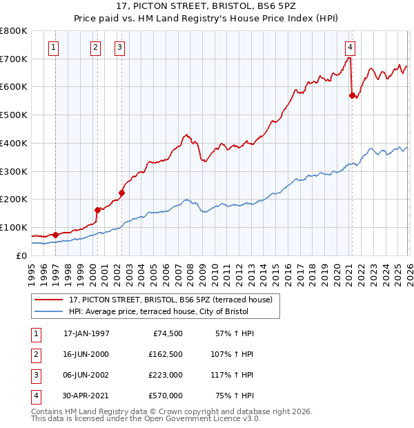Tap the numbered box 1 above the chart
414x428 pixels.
54,48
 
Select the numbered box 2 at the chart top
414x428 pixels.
95,48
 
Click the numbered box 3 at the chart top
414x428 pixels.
119,48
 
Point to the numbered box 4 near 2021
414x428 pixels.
351,48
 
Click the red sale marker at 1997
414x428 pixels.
55,235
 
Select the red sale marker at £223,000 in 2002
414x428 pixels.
121,193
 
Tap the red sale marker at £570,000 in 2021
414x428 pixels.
352,95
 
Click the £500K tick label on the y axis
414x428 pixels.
13,115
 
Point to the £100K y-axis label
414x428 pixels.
13,227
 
